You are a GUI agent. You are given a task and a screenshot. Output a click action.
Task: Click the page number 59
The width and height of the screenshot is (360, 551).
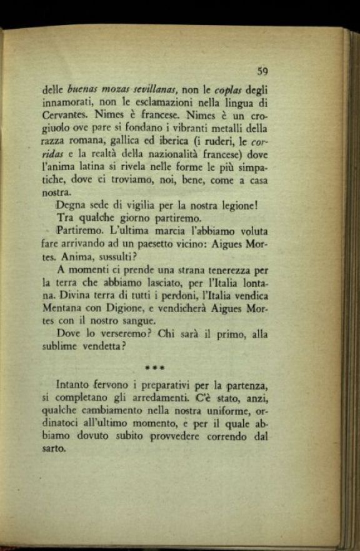[x=262, y=71]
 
